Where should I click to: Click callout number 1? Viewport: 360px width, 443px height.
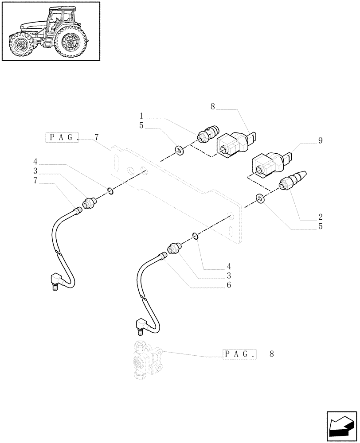click(141, 119)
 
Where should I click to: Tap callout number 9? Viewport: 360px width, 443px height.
click(320, 141)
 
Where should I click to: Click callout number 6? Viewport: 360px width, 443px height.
click(228, 285)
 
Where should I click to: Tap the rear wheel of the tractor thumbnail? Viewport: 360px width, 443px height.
click(70, 41)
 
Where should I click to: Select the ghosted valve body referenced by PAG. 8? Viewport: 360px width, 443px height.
click(147, 360)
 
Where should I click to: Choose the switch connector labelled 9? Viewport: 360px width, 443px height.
click(271, 163)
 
